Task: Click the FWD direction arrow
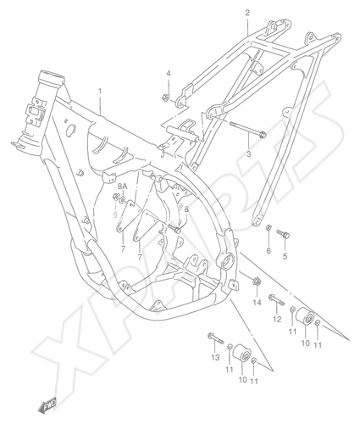(47, 404)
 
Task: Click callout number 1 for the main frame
(100, 91)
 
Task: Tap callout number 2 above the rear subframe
(247, 13)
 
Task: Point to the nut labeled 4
(166, 98)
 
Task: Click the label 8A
(123, 187)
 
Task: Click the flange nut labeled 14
(257, 282)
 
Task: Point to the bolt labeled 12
(276, 300)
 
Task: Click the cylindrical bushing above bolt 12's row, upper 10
(304, 317)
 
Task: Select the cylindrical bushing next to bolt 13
(242, 354)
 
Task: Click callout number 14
(257, 303)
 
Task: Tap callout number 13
(215, 358)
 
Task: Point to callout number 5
(285, 256)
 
